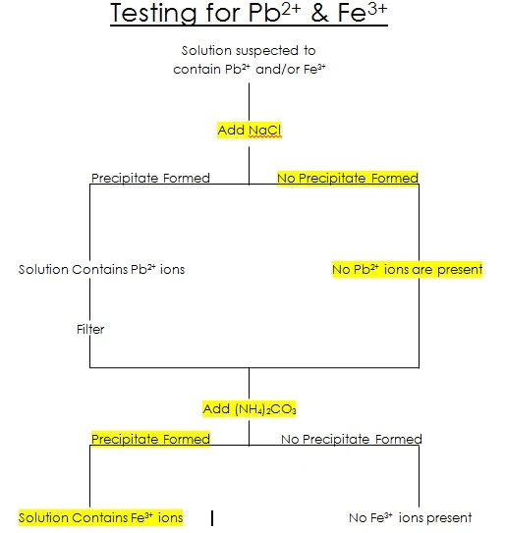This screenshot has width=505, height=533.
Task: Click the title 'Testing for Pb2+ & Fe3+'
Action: pos(250,15)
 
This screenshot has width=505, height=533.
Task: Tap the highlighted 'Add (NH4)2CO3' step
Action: pos(249,407)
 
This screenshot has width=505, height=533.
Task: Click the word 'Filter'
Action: pos(90,329)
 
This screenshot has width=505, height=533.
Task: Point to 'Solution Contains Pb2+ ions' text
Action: pos(101,269)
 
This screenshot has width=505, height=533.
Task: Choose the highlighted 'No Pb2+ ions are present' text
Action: pos(407,269)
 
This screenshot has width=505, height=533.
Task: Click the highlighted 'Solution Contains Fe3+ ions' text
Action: pos(101,517)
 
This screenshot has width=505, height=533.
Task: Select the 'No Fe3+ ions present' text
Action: pos(410,517)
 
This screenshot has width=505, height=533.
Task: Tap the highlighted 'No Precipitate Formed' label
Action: pos(348,178)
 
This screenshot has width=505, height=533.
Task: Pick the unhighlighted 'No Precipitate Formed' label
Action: pos(351,439)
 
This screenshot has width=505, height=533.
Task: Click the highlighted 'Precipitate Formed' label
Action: pos(150,439)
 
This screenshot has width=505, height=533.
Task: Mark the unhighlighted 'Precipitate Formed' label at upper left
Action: pos(150,178)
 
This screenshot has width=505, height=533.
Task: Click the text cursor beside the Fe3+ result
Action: pos(212,517)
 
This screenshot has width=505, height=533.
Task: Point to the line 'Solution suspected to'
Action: pos(249,50)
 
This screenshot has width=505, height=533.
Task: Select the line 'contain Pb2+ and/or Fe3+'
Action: pos(249,69)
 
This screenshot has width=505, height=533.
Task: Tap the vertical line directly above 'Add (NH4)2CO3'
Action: pos(249,383)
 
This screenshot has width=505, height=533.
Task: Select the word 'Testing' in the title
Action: pos(149,15)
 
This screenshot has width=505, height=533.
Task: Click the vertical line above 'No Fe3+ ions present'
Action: pos(420,476)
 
